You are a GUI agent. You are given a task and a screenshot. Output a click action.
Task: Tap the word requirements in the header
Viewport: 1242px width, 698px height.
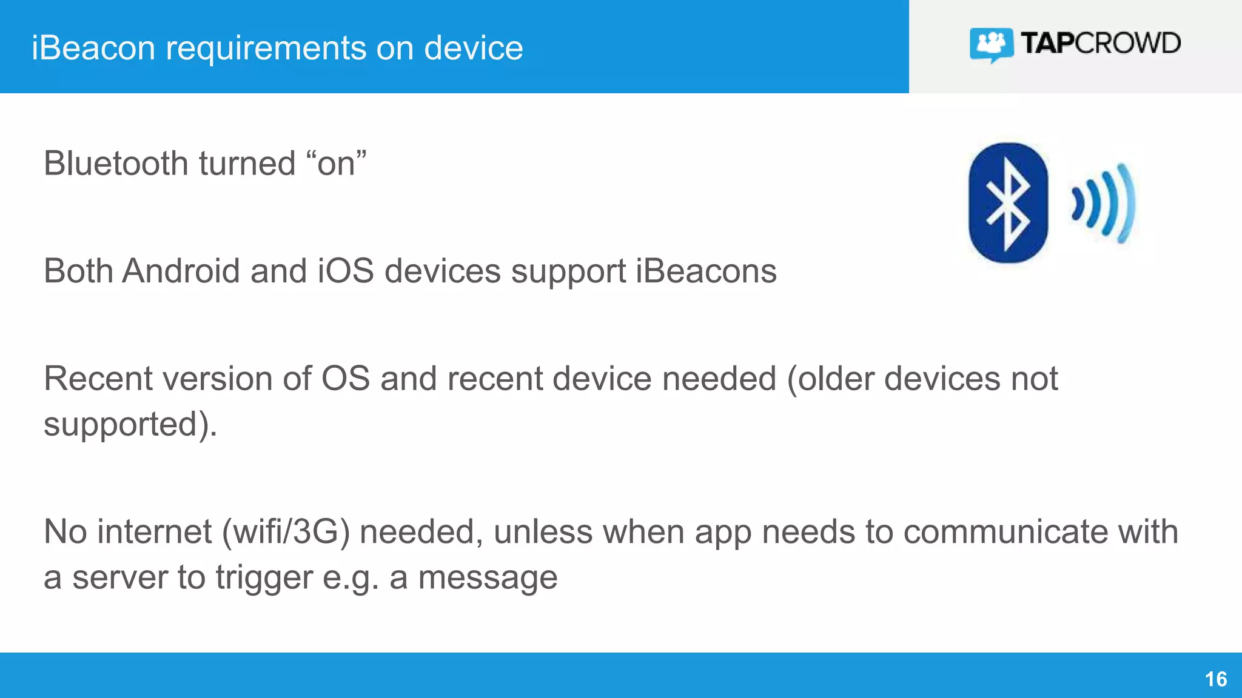coord(266,49)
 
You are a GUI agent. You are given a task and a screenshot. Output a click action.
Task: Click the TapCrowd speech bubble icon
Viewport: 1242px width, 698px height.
coord(991,44)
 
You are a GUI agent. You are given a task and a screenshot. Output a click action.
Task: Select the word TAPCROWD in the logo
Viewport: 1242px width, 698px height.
coord(1100,43)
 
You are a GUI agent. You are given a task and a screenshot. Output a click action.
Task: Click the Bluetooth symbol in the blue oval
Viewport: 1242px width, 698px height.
coord(1008,204)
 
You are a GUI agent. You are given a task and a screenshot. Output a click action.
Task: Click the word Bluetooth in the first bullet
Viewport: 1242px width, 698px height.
coord(116,164)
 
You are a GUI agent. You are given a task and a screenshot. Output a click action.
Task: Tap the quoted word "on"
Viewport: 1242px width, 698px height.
coord(336,164)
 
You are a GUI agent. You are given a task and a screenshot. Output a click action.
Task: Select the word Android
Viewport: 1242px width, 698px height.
coord(181,271)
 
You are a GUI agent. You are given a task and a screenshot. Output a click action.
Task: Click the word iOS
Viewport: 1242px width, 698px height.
coord(346,271)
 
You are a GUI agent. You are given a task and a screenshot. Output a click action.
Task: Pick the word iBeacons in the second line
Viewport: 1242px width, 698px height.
coord(706,271)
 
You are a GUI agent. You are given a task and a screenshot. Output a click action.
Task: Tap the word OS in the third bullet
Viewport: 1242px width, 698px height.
coord(345,379)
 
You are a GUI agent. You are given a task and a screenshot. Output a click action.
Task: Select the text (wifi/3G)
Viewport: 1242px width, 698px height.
coord(286,533)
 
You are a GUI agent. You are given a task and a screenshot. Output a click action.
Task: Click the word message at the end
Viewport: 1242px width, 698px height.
coord(488,578)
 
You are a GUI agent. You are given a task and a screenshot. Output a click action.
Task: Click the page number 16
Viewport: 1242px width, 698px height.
coord(1215,679)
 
